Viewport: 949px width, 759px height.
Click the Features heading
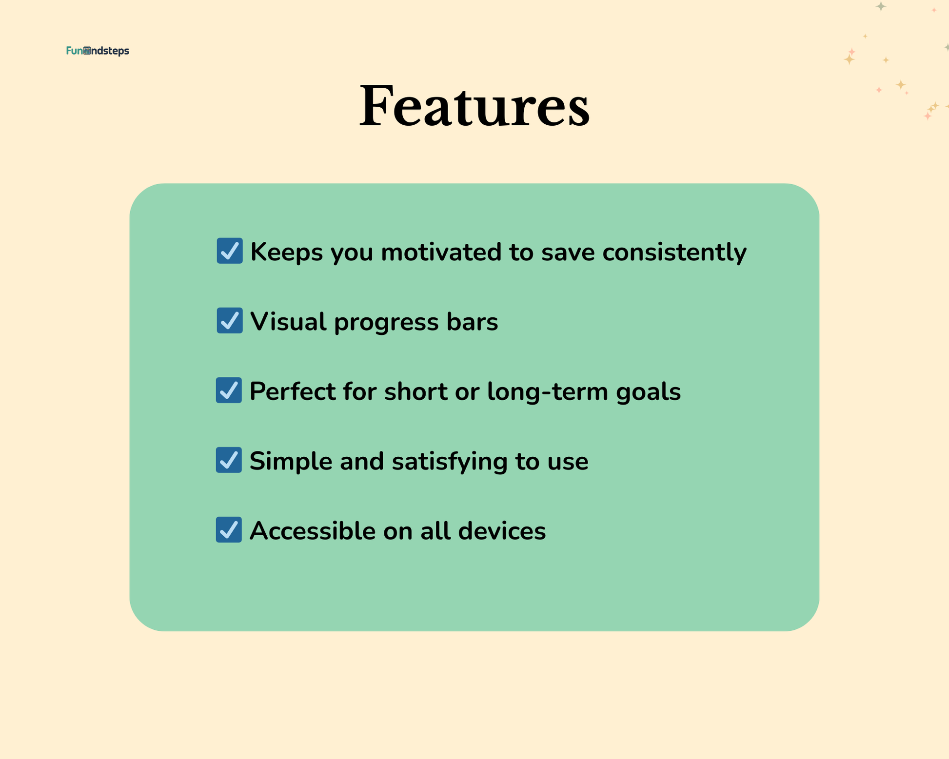coord(474,106)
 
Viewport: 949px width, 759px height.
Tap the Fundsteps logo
coord(98,51)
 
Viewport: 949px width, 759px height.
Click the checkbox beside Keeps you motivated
coord(230,251)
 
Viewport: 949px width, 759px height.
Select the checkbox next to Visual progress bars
coord(230,320)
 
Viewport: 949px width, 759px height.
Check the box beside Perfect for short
coord(229,390)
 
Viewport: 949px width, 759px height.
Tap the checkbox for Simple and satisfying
coord(229,460)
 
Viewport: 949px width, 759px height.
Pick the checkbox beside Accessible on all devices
coord(229,529)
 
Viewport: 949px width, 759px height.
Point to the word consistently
coord(674,253)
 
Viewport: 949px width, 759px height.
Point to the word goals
coord(648,392)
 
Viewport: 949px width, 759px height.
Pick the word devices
coord(502,531)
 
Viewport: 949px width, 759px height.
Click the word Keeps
coord(287,253)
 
